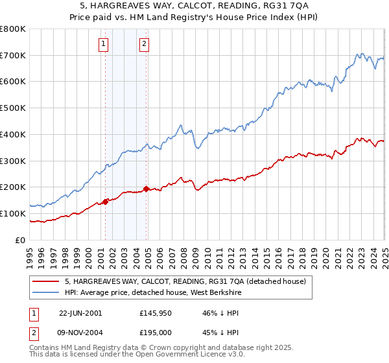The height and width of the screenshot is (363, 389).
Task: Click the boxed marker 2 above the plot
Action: click(x=144, y=44)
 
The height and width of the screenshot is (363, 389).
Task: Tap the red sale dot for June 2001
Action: click(x=105, y=202)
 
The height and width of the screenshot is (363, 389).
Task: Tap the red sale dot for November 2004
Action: click(x=146, y=189)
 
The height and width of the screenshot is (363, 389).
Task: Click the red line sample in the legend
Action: click(x=46, y=281)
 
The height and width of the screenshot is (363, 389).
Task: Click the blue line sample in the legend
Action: click(x=46, y=292)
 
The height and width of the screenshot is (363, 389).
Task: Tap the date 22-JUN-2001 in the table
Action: click(x=80, y=312)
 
